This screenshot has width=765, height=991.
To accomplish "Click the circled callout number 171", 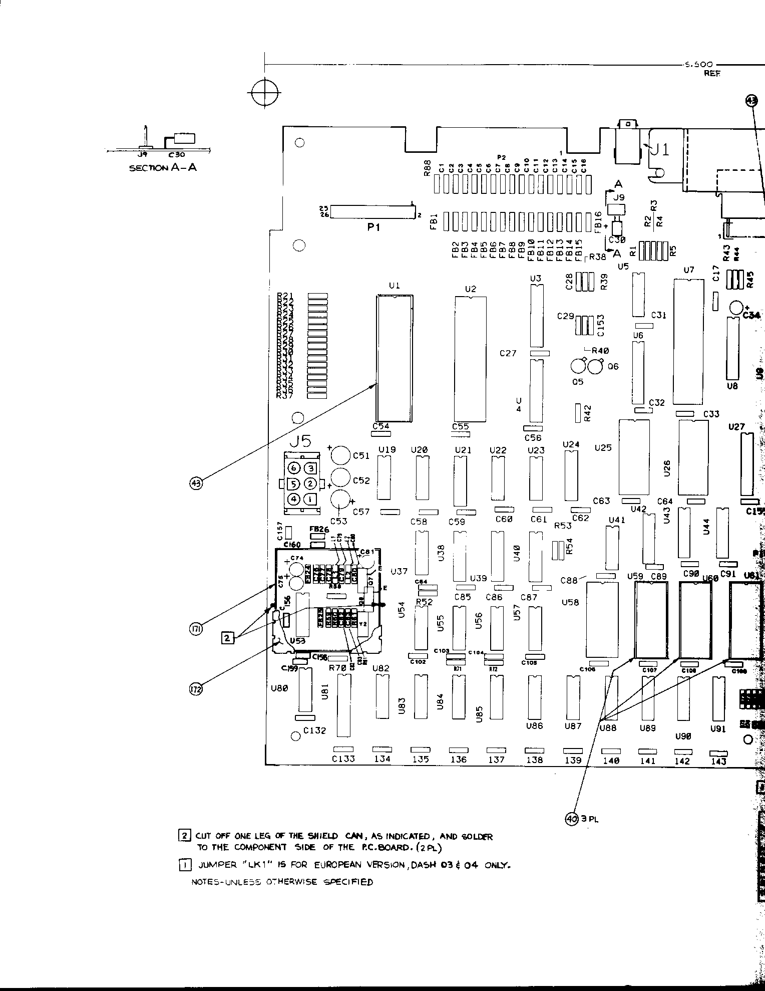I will (196, 629).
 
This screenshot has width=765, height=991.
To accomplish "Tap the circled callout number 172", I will (196, 689).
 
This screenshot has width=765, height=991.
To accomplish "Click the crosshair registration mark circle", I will (264, 93).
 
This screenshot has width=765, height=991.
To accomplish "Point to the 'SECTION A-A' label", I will (163, 168).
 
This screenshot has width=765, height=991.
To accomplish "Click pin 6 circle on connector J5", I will (295, 468).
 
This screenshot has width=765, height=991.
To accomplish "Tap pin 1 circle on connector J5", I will (311, 499).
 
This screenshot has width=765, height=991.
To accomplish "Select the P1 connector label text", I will (374, 227).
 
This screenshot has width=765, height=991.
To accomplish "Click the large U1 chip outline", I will (395, 358).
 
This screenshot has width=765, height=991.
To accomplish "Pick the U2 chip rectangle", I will (470, 359).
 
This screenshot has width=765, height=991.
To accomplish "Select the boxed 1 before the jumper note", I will (183, 865).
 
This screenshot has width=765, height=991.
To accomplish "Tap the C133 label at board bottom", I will (343, 759).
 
